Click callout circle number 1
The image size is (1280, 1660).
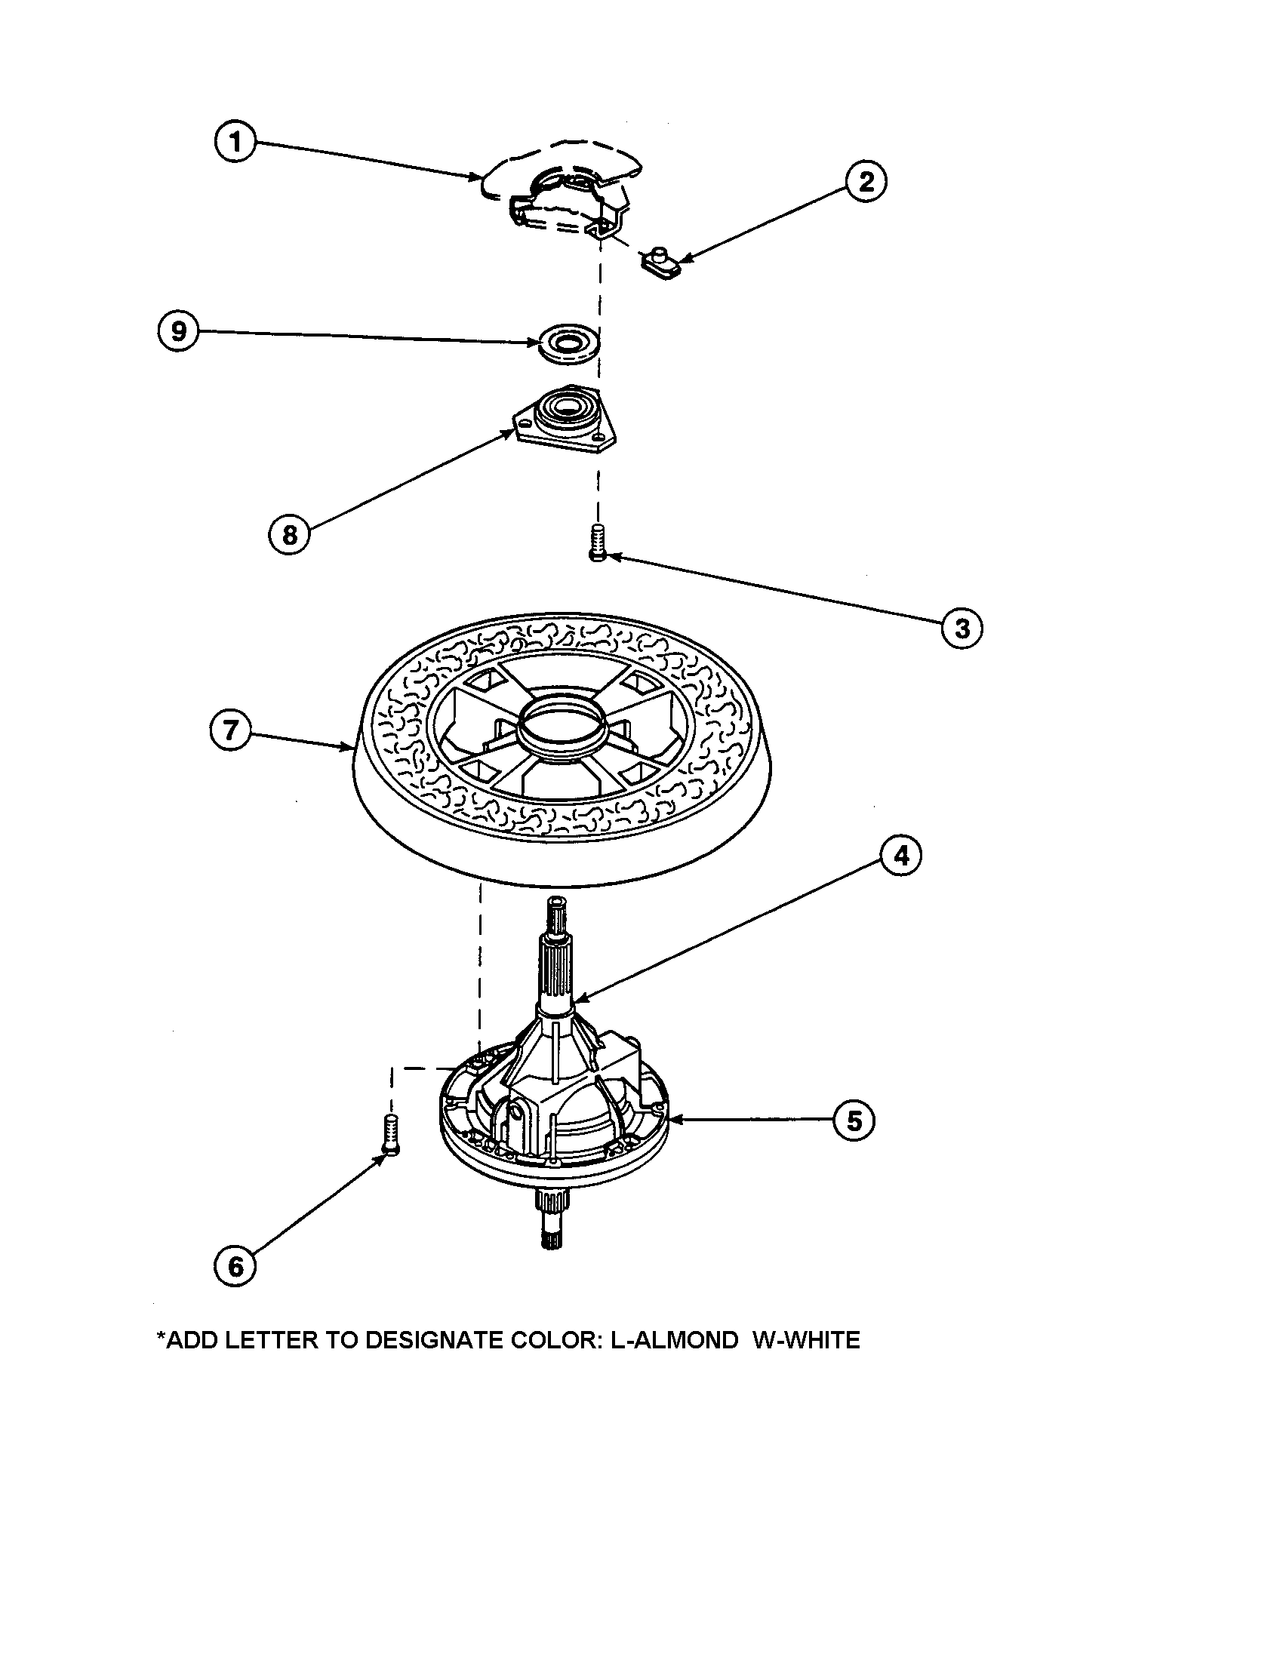[x=235, y=142]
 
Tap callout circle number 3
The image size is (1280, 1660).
[x=962, y=628]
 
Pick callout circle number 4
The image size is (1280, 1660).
[x=900, y=856]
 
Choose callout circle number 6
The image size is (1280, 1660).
[x=235, y=1266]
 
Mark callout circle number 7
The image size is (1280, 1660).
[x=229, y=730]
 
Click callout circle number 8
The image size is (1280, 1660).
[x=290, y=534]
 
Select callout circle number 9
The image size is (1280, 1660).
[x=179, y=331]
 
